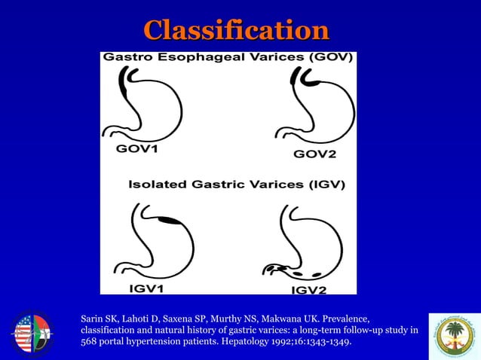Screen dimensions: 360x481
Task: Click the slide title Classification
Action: (236, 31)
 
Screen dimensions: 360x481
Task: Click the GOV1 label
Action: (137, 148)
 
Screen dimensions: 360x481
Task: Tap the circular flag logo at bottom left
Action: (32, 333)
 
